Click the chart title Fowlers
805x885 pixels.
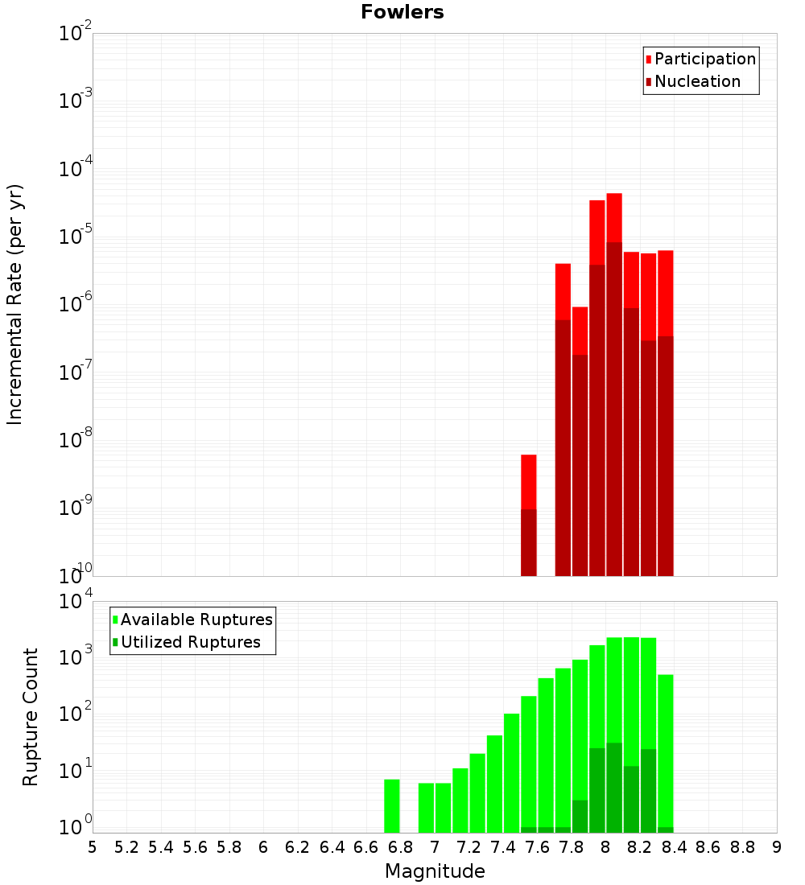coord(402,12)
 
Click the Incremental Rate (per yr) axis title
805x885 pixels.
coord(15,304)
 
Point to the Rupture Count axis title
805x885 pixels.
coord(31,717)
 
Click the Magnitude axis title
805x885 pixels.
coord(435,871)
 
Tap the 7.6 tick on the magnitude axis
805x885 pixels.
coord(538,846)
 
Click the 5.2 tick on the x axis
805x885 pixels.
coord(127,846)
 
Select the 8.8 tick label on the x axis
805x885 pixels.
coord(743,846)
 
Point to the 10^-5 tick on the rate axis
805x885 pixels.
coord(74,237)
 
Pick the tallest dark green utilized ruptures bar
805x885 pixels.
coord(614,788)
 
